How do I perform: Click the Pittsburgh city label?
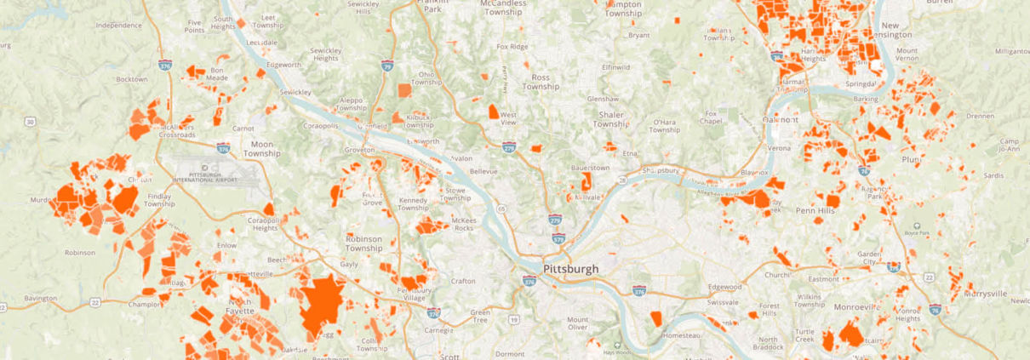point(569,268)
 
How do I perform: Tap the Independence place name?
point(118,26)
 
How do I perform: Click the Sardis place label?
point(993,175)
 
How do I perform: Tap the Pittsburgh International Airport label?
point(202,176)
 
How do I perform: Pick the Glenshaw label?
point(604,99)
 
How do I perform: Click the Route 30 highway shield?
point(31,123)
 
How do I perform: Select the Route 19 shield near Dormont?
point(513,319)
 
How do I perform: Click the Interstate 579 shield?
point(558,239)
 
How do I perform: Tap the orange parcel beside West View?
point(494,111)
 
